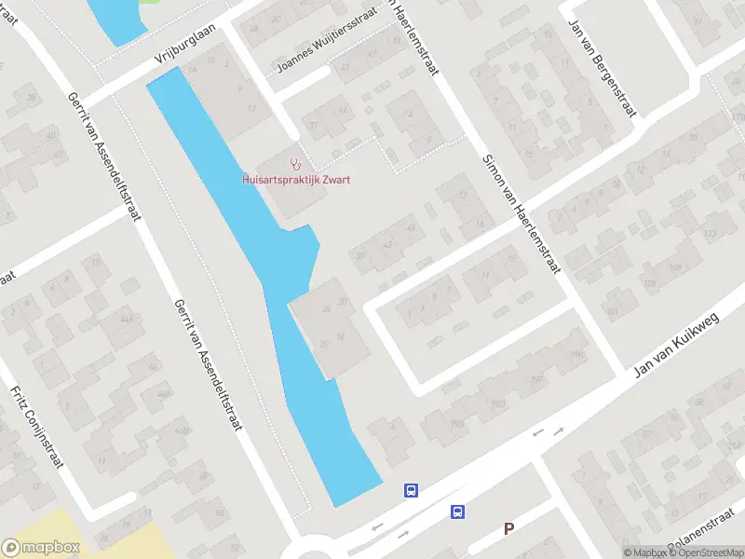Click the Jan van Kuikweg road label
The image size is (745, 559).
679,345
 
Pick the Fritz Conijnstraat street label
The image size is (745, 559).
36,428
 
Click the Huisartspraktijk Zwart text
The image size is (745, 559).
295,180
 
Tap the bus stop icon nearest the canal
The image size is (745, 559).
411,490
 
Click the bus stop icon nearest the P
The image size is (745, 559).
458,511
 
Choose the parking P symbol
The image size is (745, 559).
508,528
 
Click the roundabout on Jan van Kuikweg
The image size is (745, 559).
312,552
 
